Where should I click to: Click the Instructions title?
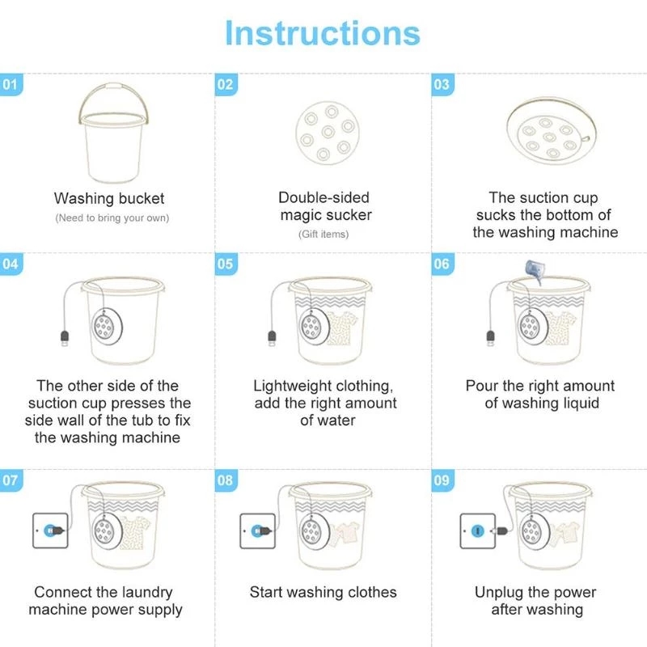[x=323, y=33]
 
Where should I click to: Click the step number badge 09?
[x=442, y=480]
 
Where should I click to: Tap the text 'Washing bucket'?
[x=109, y=198]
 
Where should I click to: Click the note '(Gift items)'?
[x=323, y=235]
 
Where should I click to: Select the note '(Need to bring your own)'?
[x=112, y=218]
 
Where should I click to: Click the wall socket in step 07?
[x=49, y=531]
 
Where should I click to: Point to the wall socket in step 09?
[x=477, y=531]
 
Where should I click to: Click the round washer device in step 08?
[x=311, y=531]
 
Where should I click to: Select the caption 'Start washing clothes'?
[x=323, y=593]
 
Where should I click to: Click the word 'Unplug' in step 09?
[x=501, y=593]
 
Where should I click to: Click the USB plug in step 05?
[x=273, y=335]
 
